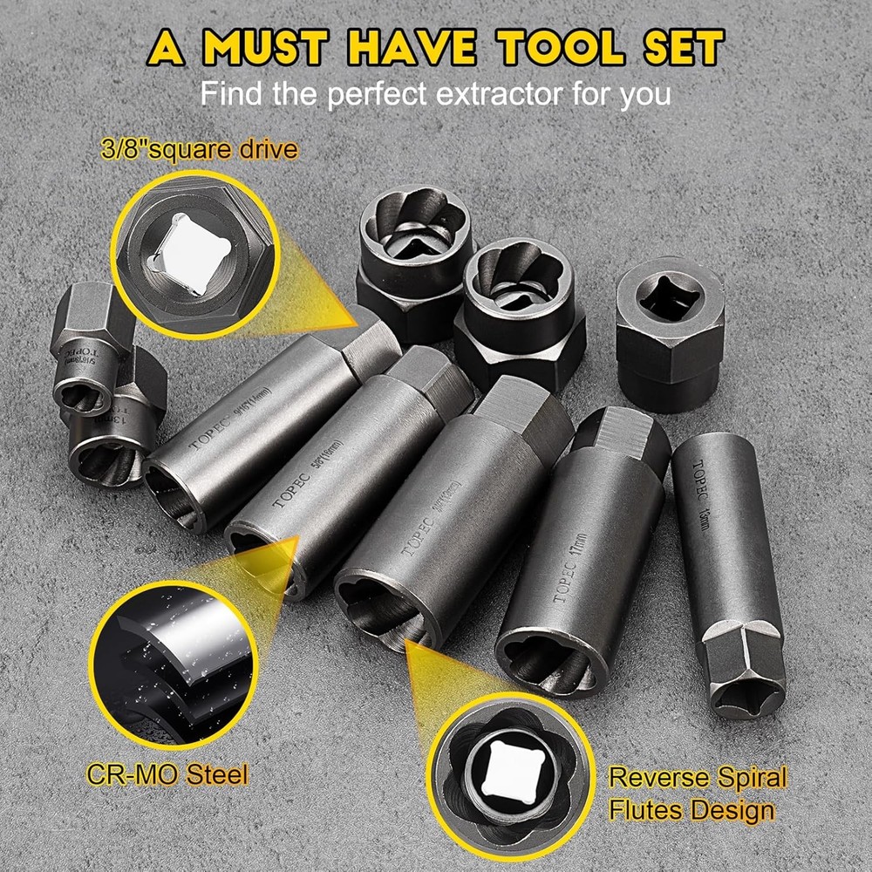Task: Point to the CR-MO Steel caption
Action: [x=167, y=773]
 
